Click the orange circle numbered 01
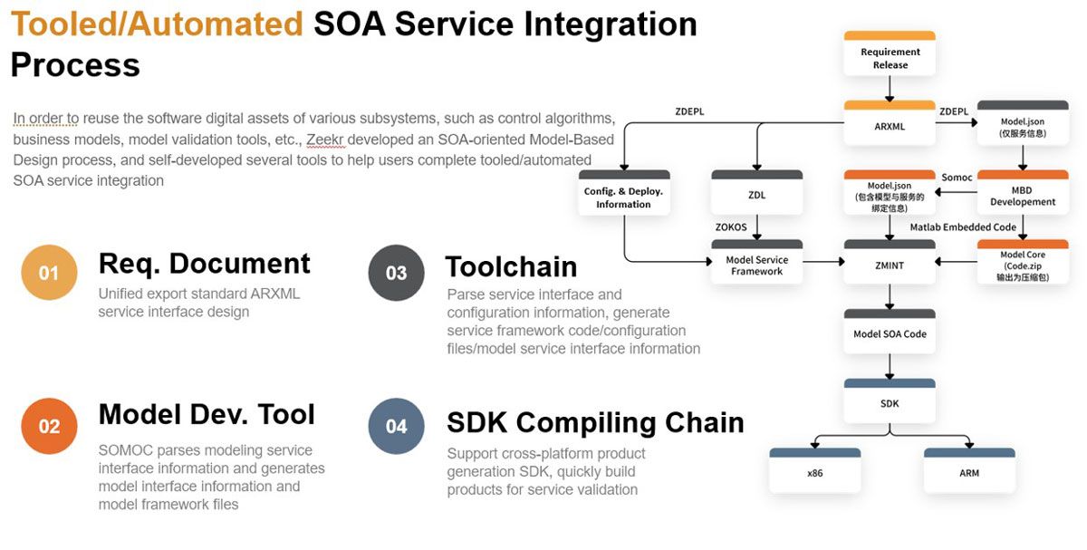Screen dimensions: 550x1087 tap(49, 273)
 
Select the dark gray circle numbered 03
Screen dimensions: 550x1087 tap(396, 273)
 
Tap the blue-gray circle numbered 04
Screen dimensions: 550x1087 tap(396, 426)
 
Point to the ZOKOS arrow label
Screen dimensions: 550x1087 tap(731, 227)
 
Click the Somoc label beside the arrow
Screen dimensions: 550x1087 tap(957, 178)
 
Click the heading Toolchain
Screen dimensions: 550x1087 tap(511, 266)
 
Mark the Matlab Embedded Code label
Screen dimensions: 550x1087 tap(963, 227)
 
